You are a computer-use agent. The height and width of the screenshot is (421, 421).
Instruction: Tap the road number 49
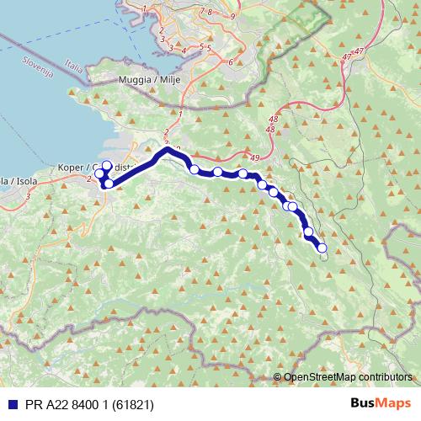pos(255,157)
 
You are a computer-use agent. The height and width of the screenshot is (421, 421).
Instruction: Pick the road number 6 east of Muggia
pos(230,61)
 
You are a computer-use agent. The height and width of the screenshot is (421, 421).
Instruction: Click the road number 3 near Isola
pos(28,196)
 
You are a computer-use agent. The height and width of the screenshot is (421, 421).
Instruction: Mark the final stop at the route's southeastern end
pos(321,248)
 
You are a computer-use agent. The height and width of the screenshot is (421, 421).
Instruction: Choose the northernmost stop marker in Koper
pos(107,166)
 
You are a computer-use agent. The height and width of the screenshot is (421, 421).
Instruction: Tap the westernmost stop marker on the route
pos(99,174)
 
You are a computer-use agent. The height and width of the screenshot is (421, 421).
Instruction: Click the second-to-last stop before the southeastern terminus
pos(308,232)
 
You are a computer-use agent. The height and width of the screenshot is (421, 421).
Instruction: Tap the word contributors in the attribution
pos(385,378)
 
